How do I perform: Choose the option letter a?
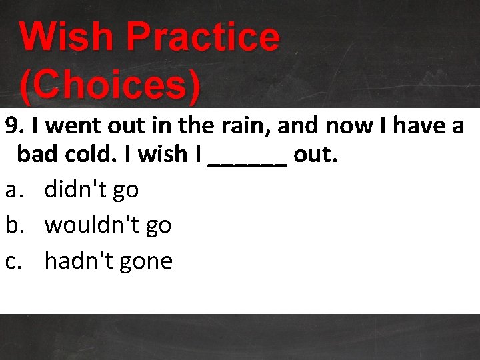[13, 191]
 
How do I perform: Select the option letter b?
[14, 225]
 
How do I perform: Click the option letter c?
[13, 261]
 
